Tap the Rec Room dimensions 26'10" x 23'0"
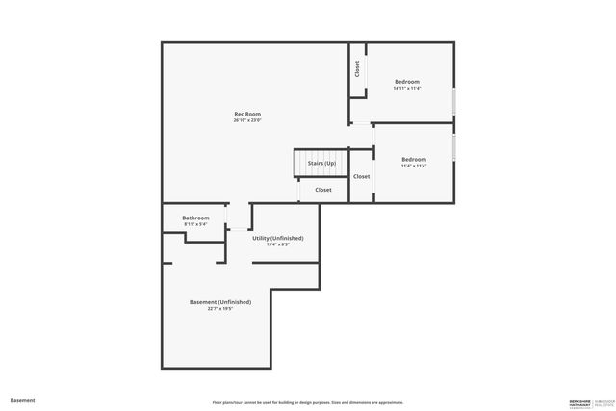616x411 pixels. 247,121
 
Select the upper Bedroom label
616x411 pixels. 407,82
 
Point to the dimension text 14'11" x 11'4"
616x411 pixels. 407,89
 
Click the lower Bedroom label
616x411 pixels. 414,159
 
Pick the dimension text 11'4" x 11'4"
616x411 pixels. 414,166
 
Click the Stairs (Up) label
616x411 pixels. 321,164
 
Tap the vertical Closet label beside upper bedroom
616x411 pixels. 357,69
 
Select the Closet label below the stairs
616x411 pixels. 323,190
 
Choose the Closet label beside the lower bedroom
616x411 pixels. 361,177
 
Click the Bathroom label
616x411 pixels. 195,218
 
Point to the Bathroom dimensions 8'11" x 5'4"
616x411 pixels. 195,224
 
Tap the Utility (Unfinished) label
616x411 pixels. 278,238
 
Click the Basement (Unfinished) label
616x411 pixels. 220,302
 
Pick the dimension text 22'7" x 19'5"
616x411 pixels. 220,309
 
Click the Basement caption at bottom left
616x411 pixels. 22,399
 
